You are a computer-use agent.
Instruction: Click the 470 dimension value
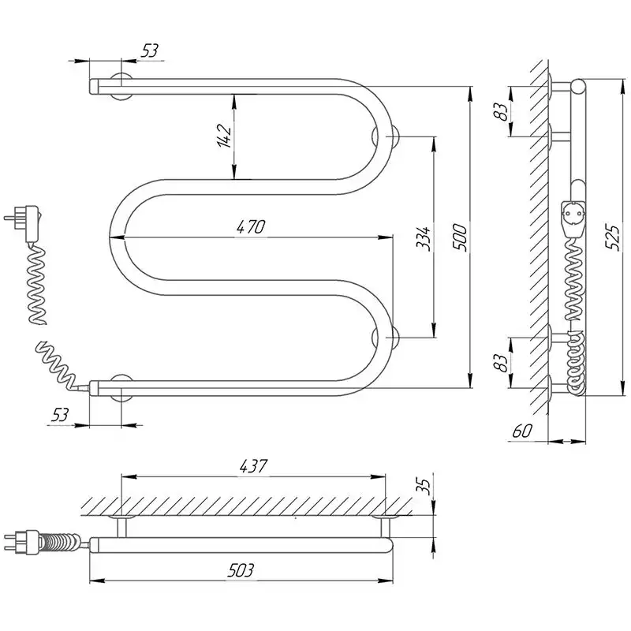(251, 227)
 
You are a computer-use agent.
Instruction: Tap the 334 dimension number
(424, 239)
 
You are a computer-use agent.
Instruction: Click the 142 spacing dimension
(225, 135)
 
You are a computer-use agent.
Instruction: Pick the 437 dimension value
(253, 466)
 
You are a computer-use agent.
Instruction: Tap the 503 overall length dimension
(241, 569)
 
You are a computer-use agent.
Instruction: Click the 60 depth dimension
(522, 431)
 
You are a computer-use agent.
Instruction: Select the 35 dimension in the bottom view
(425, 486)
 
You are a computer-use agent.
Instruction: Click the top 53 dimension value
(150, 50)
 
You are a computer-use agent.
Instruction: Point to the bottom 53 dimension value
(60, 415)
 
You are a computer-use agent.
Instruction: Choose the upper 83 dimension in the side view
(500, 112)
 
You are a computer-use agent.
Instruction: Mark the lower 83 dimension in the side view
(500, 363)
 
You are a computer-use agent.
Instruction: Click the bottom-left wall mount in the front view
(121, 387)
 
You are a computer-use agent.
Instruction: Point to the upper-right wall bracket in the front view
(385, 136)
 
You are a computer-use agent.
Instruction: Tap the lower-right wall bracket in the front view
(385, 338)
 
